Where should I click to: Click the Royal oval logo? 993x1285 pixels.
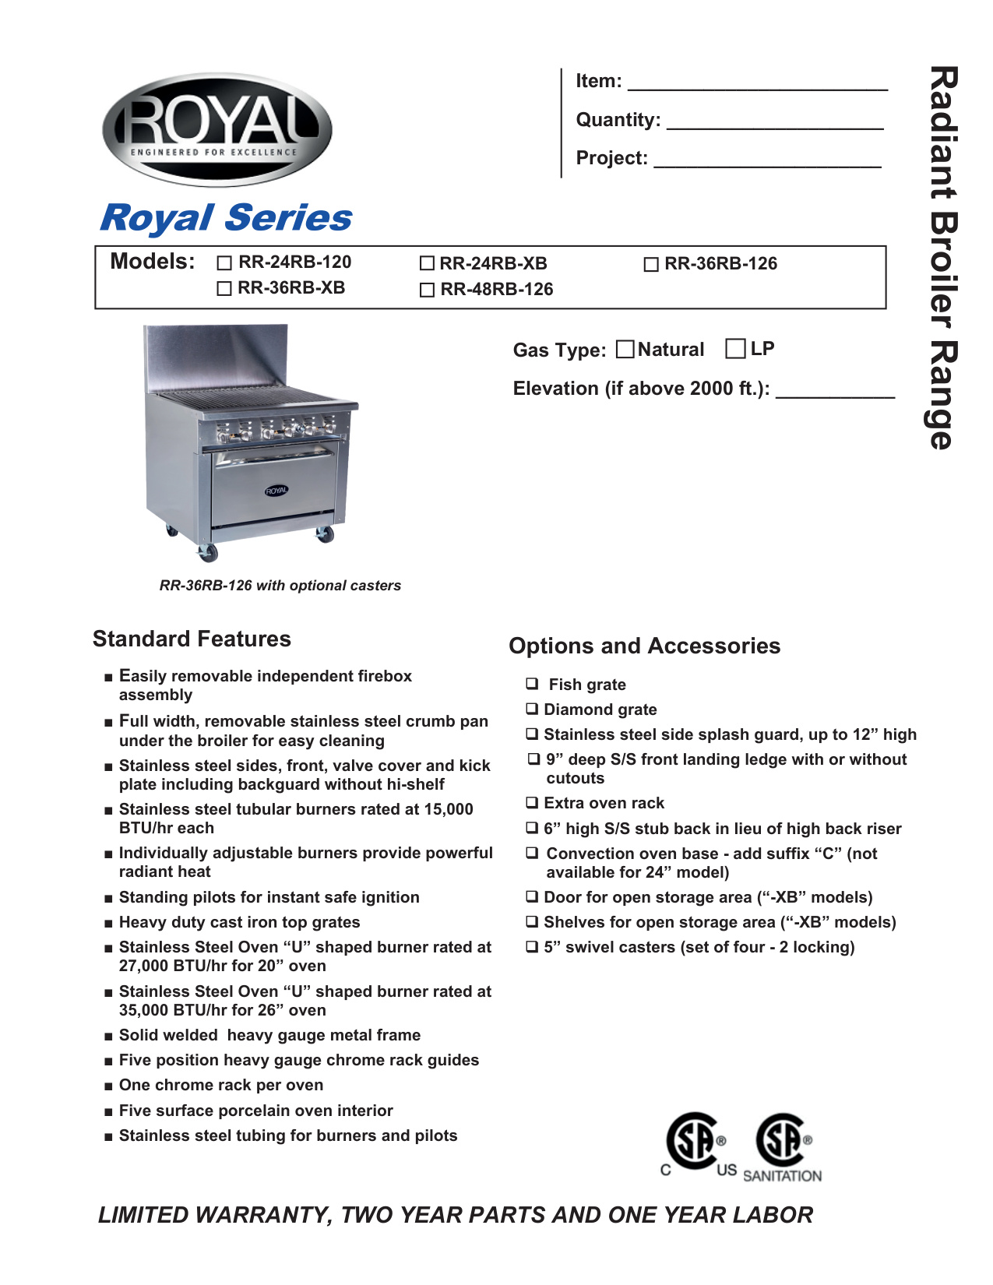pos(217,129)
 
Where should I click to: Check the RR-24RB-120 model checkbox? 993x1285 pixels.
pos(224,263)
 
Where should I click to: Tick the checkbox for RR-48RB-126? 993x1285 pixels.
pos(427,290)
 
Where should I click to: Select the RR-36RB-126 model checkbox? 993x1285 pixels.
pos(651,265)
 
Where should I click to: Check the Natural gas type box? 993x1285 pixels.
pos(625,349)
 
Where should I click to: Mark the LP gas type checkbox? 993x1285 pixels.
pos(735,348)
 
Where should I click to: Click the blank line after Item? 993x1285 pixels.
pos(757,84)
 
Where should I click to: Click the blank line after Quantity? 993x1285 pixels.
pos(775,123)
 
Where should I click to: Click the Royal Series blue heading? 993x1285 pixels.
pos(226,218)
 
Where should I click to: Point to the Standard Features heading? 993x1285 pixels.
pos(192,639)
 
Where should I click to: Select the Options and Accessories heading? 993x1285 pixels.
pos(644,646)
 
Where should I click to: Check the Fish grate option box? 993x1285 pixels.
pos(532,684)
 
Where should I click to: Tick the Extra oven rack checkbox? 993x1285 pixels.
pos(532,802)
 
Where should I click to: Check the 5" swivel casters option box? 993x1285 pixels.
pos(532,947)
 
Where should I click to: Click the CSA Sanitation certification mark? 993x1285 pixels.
pos(783,1147)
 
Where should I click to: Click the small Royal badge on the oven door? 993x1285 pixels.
pos(276,491)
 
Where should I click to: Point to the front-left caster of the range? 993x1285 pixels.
pos(208,552)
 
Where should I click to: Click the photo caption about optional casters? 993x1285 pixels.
pos(280,586)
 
